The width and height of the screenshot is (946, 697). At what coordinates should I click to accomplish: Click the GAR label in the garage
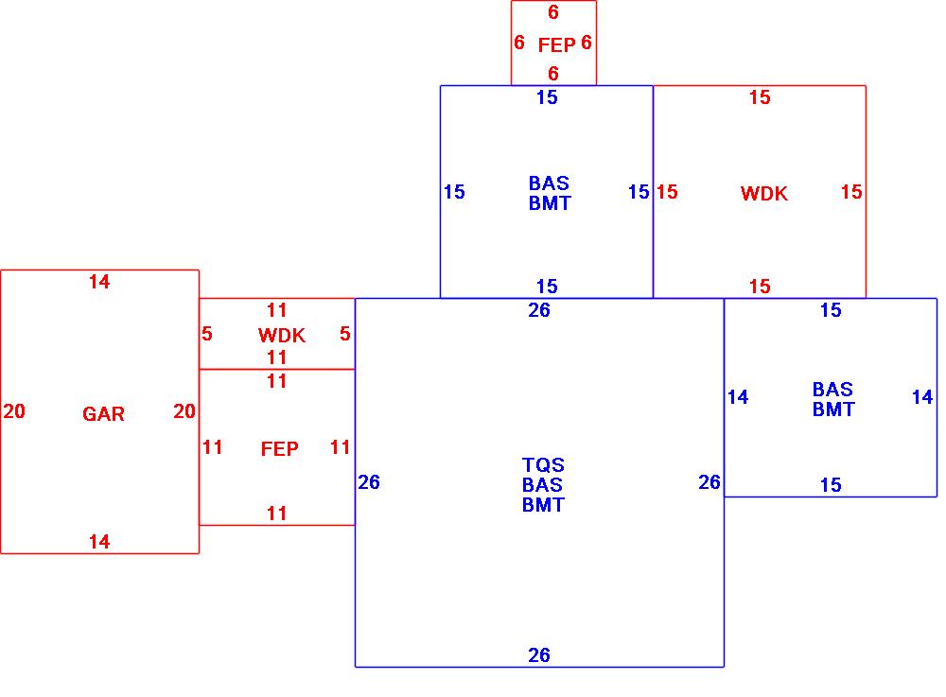pyautogui.click(x=103, y=414)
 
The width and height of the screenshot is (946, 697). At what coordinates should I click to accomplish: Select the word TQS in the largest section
pyautogui.click(x=543, y=465)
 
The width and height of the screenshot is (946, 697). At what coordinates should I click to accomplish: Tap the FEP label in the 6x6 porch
pyautogui.click(x=555, y=44)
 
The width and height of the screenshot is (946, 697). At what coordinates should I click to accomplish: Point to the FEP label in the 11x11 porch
pyautogui.click(x=279, y=449)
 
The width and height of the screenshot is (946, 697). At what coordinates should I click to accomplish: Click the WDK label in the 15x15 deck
pyautogui.click(x=763, y=194)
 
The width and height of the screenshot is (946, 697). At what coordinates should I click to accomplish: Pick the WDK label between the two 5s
pyautogui.click(x=281, y=336)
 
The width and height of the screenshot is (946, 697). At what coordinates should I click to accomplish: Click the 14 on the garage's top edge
pyautogui.click(x=99, y=282)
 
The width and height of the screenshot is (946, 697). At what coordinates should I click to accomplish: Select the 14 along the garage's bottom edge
pyautogui.click(x=99, y=542)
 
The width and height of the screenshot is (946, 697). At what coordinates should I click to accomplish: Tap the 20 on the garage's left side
pyautogui.click(x=14, y=411)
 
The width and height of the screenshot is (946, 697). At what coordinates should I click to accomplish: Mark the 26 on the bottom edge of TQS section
pyautogui.click(x=539, y=655)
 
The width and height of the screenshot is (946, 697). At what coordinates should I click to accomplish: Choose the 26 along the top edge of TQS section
pyautogui.click(x=539, y=310)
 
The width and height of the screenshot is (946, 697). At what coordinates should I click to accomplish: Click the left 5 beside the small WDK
pyautogui.click(x=207, y=334)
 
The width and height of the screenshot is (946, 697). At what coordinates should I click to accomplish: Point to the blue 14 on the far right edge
pyautogui.click(x=922, y=397)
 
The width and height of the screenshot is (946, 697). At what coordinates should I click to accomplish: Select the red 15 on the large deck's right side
pyautogui.click(x=851, y=192)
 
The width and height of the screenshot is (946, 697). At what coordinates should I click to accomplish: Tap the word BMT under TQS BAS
pyautogui.click(x=543, y=505)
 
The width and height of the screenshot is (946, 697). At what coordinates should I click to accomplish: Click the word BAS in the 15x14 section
pyautogui.click(x=832, y=390)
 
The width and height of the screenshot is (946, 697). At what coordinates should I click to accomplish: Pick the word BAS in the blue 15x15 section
pyautogui.click(x=549, y=183)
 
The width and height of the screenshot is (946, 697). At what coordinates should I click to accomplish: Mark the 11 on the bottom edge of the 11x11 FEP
pyautogui.click(x=276, y=514)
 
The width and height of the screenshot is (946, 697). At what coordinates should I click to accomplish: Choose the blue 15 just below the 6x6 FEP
pyautogui.click(x=547, y=97)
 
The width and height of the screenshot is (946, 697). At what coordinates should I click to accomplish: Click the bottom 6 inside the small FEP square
pyautogui.click(x=553, y=74)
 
